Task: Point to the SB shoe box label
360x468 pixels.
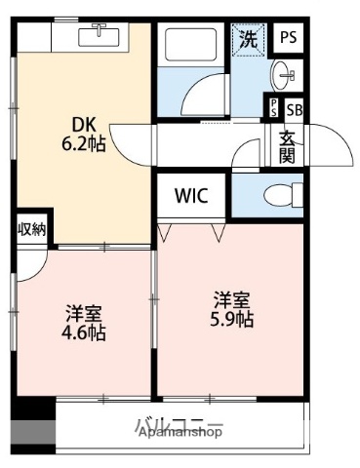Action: click(294, 108)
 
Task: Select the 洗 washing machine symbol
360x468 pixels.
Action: click(249, 42)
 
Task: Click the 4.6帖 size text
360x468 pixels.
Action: click(85, 332)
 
